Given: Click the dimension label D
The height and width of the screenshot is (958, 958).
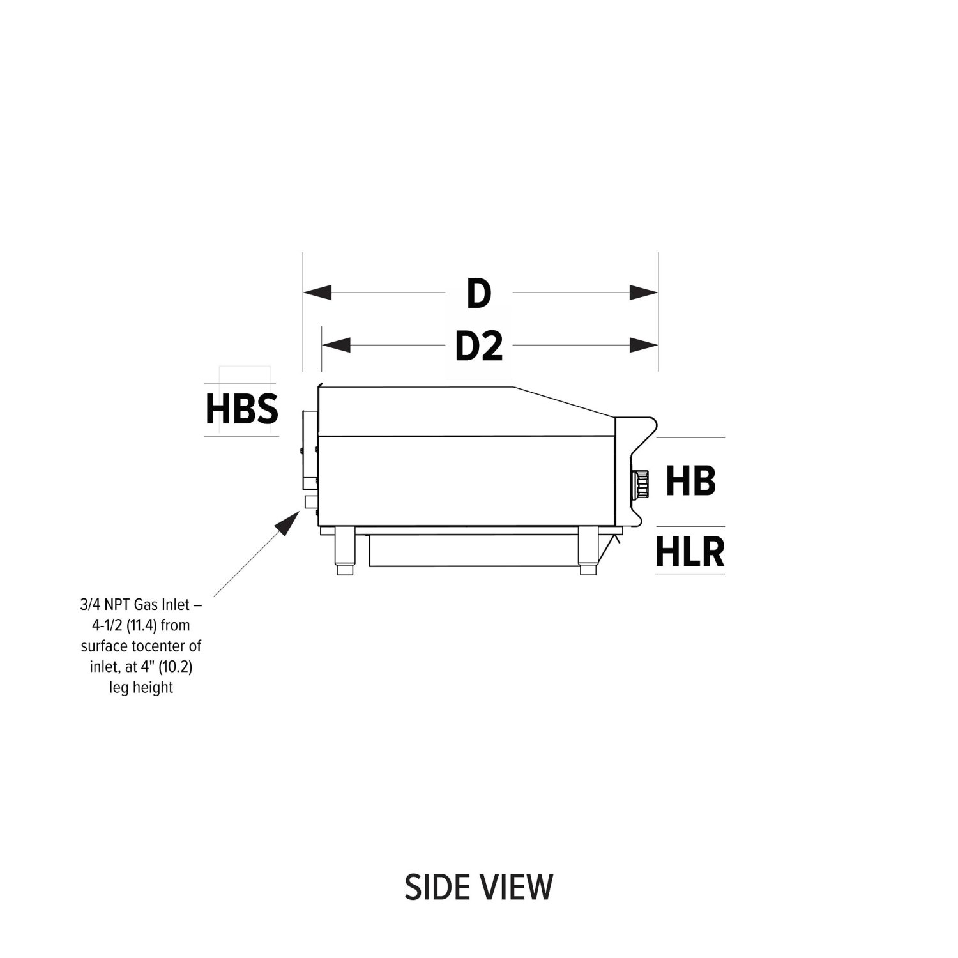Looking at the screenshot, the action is point(479,294).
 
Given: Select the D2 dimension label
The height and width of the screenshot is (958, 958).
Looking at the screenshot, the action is point(479,346).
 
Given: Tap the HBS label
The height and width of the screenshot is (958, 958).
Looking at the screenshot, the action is point(242,409).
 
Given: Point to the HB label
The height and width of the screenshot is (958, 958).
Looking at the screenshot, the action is point(690,481).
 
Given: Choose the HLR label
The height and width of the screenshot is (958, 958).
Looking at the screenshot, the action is point(690,552).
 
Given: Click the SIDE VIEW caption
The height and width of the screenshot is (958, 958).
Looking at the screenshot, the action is point(479,886).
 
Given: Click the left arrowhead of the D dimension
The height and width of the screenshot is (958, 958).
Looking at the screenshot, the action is point(317,293).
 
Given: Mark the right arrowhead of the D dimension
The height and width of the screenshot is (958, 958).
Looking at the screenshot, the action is point(644,293).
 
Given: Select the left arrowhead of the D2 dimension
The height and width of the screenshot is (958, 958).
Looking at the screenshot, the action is point(337,346).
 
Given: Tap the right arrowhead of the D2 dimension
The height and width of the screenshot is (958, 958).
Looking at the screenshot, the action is point(644,346).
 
